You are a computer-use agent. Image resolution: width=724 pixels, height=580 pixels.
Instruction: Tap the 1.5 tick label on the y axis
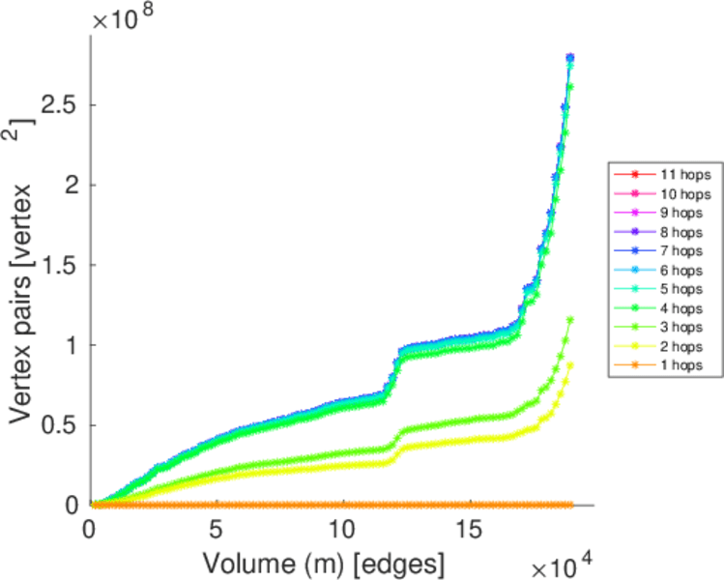[x=62, y=265]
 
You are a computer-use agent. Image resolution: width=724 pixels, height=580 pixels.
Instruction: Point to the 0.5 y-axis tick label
[x=62, y=425]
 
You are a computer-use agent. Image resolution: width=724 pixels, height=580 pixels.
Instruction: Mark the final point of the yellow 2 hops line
[x=570, y=364]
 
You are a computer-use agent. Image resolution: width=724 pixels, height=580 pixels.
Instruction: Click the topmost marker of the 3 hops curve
[x=570, y=319]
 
